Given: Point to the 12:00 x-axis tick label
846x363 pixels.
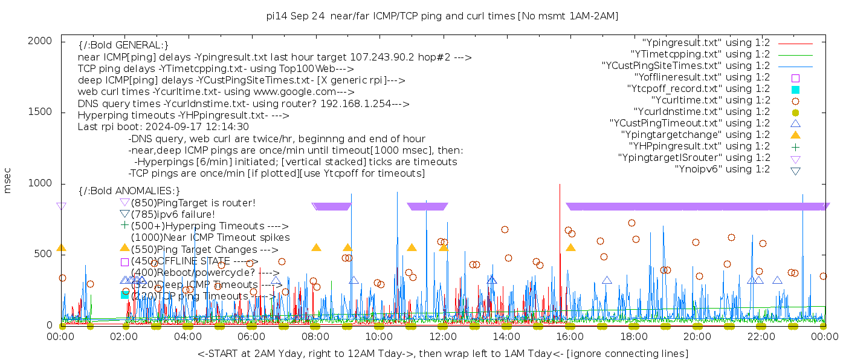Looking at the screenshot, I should click(x=442, y=336).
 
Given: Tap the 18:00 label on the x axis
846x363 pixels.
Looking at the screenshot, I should click(x=633, y=336).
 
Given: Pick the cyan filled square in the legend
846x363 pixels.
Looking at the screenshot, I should click(x=795, y=89).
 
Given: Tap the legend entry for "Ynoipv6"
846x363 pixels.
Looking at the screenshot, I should click(x=722, y=169).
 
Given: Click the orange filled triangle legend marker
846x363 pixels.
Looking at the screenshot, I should click(x=795, y=135).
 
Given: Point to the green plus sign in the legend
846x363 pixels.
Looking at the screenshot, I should click(x=795, y=146).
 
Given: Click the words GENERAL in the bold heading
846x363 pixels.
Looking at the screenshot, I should click(x=138, y=45).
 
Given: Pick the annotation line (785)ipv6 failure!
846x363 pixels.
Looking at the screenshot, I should click(x=173, y=214).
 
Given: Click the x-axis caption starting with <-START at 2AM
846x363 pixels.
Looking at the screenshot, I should click(x=442, y=353).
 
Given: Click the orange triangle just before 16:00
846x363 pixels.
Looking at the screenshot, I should click(x=570, y=247).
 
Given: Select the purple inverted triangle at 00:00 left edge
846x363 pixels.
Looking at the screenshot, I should click(x=61, y=206).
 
